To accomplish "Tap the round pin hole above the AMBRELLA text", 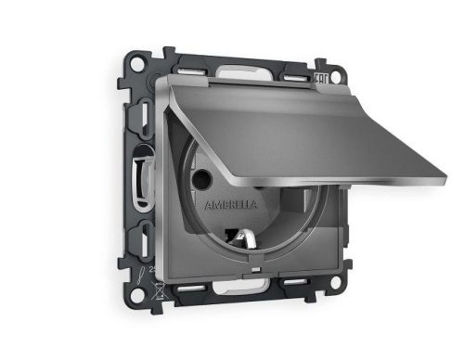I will pyautogui.click(x=199, y=174).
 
